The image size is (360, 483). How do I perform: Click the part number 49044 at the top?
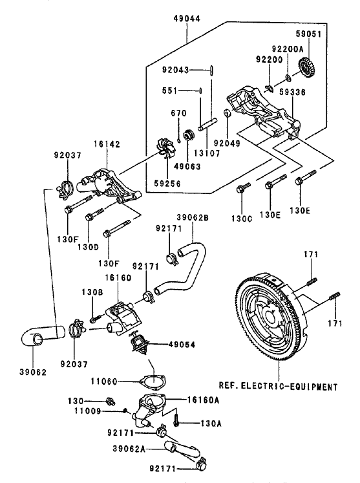coord(187,19)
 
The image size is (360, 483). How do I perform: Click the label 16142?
coord(107,144)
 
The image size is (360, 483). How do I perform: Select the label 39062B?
coord(193,217)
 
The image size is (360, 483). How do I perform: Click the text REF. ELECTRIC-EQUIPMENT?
coord(278,386)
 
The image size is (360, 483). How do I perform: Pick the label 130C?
coord(242,219)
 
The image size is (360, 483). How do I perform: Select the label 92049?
coord(227,144)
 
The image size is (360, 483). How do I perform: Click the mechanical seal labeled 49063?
coord(188,135)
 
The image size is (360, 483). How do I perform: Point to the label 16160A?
coord(203,400)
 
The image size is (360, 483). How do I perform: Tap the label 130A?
coord(211,424)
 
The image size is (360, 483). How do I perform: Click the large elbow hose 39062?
coord(42,336)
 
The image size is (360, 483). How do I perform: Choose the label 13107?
coord(207,153)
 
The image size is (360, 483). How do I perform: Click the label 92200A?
coord(288,48)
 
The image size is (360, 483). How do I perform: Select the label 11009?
coord(87,411)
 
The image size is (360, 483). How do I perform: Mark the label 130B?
coord(92,292)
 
